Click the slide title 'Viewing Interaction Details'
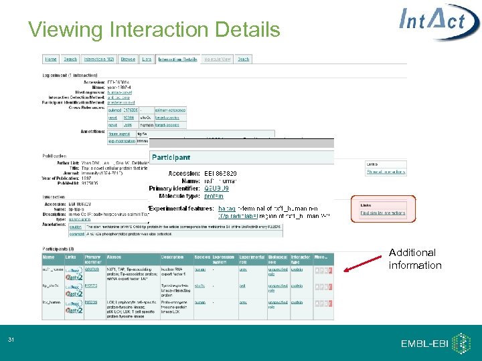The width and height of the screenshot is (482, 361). tap(154, 30)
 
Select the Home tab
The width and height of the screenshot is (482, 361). tap(51, 59)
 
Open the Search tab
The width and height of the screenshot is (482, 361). tap(70, 59)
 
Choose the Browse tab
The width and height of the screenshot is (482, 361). tap(128, 59)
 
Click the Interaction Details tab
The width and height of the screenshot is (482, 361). tap(177, 59)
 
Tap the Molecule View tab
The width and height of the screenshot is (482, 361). tap(218, 59)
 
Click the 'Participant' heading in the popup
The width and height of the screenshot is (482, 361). tap(171, 157)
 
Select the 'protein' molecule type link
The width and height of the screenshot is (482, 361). tap(214, 197)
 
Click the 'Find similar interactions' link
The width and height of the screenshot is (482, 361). tap(382, 213)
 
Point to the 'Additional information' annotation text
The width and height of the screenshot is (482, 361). tap(415, 259)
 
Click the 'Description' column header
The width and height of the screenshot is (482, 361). tap(171, 257)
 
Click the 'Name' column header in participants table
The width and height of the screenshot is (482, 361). tap(49, 257)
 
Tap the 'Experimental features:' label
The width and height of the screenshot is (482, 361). tap(181, 209)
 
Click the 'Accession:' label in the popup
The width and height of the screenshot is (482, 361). tap(183, 173)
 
